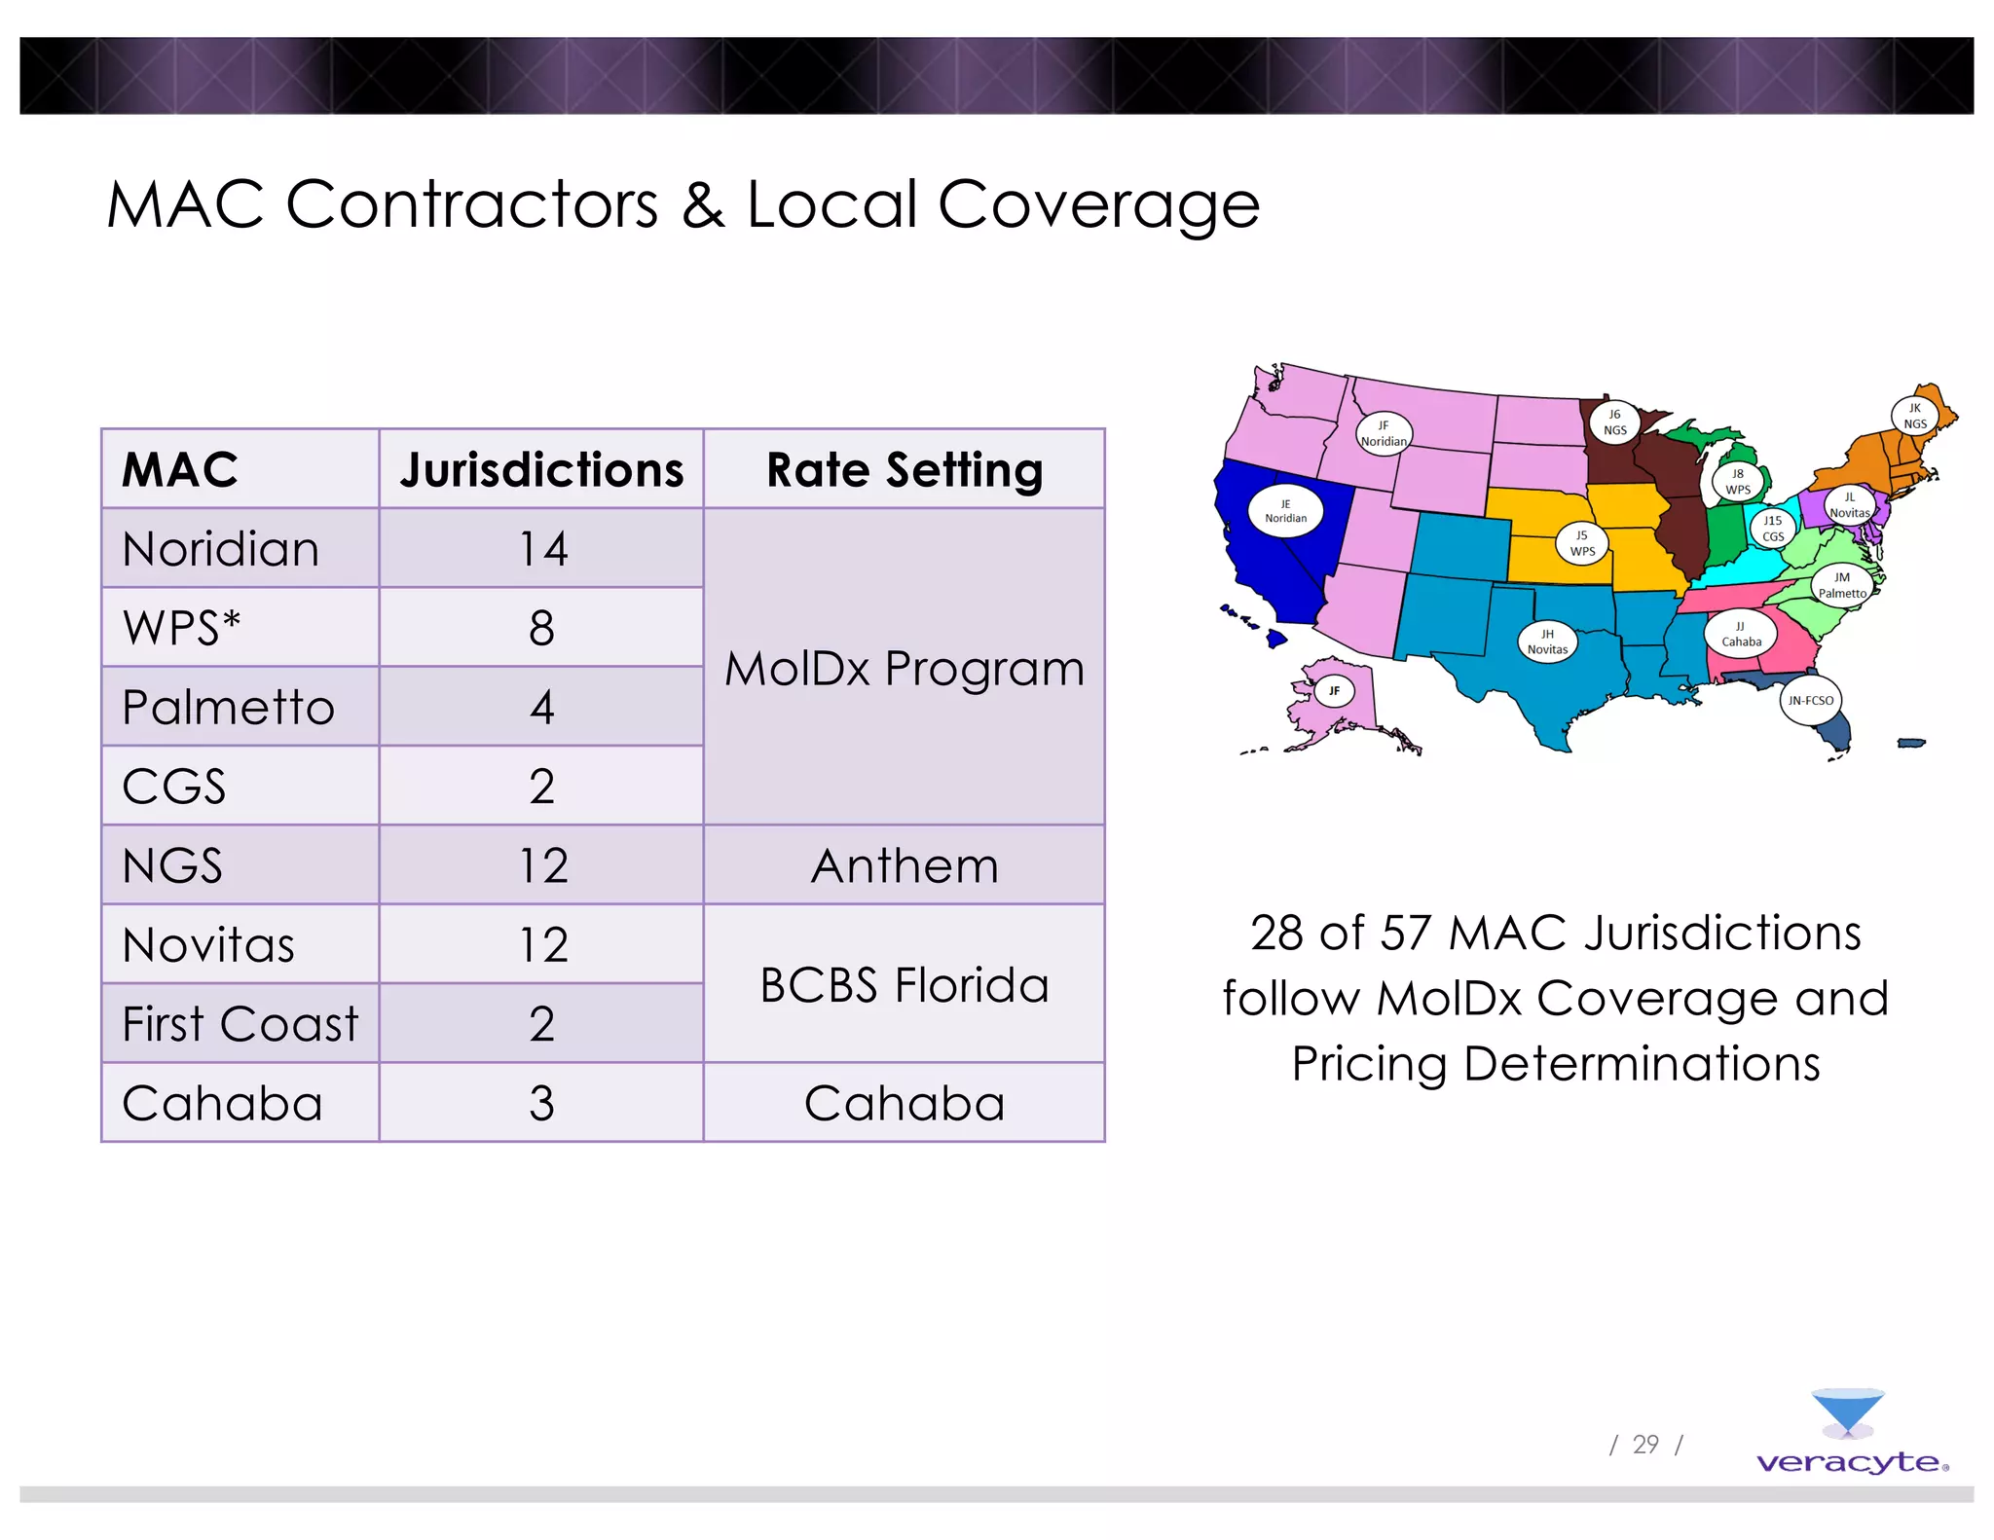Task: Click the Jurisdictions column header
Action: (x=541, y=469)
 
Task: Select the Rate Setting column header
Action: (x=905, y=469)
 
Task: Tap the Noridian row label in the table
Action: (x=221, y=549)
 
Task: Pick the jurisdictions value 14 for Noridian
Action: (x=542, y=549)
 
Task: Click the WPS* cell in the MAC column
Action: (x=182, y=628)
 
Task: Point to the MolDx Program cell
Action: (x=905, y=668)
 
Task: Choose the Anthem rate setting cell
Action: (x=905, y=865)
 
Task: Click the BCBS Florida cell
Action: (x=905, y=984)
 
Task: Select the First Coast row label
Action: (x=240, y=1024)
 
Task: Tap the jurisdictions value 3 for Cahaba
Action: (x=541, y=1103)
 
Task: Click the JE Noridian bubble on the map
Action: (x=1285, y=511)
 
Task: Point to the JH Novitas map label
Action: (x=1547, y=642)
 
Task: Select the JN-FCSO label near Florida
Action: (x=1810, y=700)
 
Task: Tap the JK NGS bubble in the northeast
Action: (x=1914, y=416)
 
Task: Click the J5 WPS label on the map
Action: (x=1582, y=543)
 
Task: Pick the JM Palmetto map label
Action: (x=1842, y=585)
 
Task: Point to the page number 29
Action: (x=1645, y=1445)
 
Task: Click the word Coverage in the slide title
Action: (x=1098, y=205)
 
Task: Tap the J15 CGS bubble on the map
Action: (x=1773, y=529)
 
